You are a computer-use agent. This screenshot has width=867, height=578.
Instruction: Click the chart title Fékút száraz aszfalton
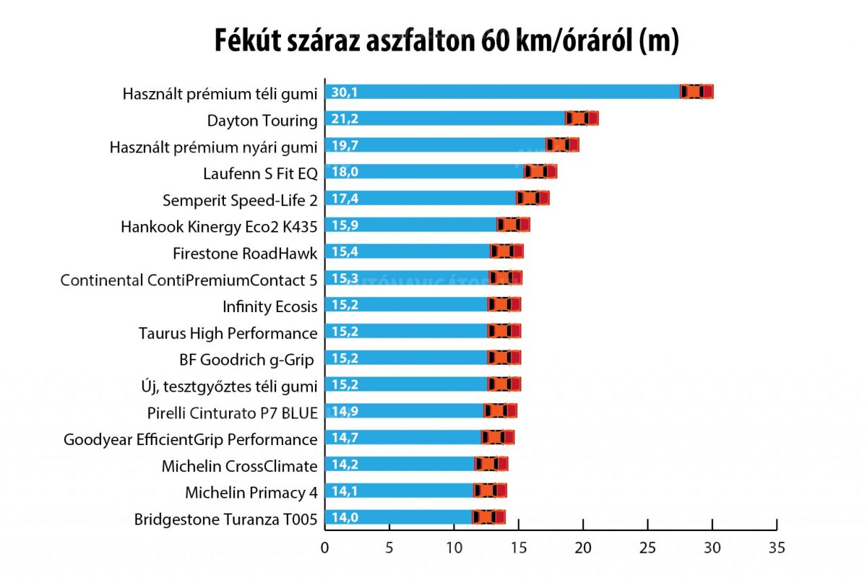[x=447, y=42]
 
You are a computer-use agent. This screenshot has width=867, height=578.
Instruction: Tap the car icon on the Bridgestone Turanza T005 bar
[x=488, y=517]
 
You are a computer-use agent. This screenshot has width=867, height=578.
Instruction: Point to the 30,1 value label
[x=345, y=92]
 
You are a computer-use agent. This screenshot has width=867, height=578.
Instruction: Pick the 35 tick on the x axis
[x=777, y=547]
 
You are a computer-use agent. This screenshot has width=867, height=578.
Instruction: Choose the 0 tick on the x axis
[x=325, y=547]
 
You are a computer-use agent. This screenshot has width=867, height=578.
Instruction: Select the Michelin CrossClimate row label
[x=239, y=466]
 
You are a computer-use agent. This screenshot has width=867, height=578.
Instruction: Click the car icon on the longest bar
[x=696, y=91]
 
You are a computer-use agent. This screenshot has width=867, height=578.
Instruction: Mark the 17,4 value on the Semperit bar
[x=345, y=198]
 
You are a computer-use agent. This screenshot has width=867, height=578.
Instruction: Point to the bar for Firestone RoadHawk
[x=408, y=251]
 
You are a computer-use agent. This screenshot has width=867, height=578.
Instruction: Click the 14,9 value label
[x=345, y=411]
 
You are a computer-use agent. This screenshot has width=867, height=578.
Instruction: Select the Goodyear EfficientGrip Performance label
[x=191, y=439]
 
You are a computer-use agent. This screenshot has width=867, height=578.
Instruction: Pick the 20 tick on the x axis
[x=583, y=547]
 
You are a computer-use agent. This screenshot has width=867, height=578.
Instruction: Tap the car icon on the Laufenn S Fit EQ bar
[x=540, y=171]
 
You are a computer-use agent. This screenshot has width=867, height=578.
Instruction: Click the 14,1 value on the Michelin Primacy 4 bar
[x=345, y=491]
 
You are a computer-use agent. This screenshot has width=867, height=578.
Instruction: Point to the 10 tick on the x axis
[x=454, y=547]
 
